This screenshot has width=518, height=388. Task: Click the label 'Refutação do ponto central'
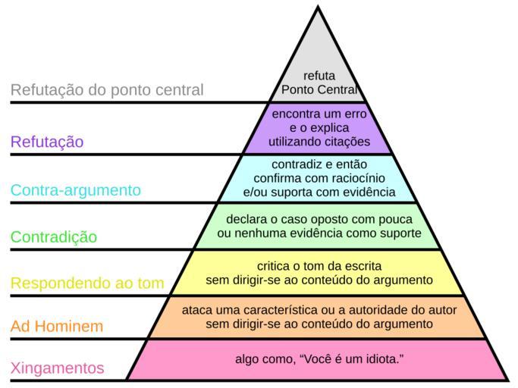point(107,90)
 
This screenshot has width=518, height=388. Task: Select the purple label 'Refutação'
point(47,142)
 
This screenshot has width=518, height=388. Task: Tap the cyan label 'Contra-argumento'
point(76,189)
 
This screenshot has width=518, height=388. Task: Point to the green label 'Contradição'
point(54,236)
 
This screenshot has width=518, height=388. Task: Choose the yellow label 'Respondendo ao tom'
point(87,283)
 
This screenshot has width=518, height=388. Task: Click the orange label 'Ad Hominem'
point(57,327)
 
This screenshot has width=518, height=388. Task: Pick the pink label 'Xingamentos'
point(58,368)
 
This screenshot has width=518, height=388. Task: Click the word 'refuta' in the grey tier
point(319,76)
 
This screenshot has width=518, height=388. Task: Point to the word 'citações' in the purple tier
point(347,142)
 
